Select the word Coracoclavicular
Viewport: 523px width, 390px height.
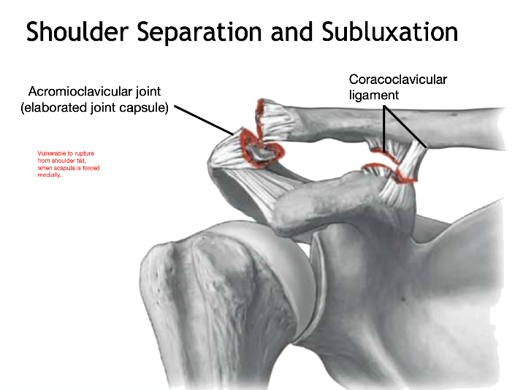pyautogui.click(x=397, y=79)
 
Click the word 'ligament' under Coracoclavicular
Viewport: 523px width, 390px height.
pyautogui.click(x=373, y=95)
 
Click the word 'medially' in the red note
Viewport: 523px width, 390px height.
pyautogui.click(x=48, y=175)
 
